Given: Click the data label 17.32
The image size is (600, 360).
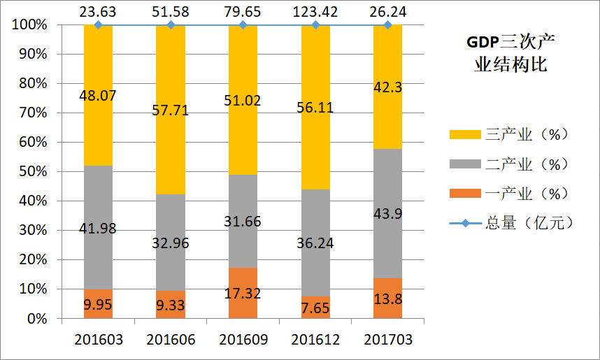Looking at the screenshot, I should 243,294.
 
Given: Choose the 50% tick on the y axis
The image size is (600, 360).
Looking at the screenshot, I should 31,171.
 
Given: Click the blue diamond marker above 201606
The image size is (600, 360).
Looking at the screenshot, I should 170,25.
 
